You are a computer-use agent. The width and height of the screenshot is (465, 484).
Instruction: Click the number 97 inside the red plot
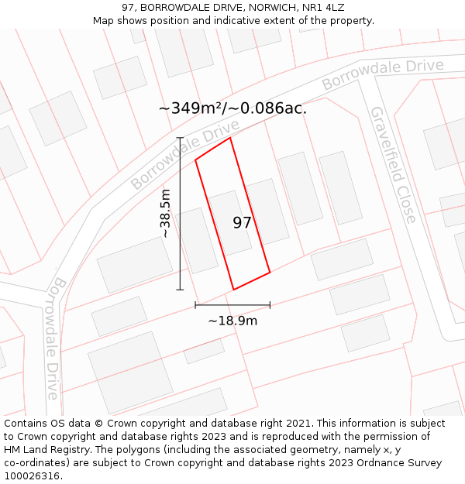(x=242, y=223)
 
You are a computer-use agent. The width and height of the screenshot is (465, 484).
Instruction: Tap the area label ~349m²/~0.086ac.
(x=232, y=108)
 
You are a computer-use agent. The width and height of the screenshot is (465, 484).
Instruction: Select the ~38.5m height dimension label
(x=165, y=213)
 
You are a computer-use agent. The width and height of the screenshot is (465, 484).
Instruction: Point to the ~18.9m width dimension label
(x=232, y=321)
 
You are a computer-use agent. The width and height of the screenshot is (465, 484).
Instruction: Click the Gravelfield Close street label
(x=394, y=165)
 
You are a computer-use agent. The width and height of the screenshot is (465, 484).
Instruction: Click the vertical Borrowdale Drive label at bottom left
(x=55, y=339)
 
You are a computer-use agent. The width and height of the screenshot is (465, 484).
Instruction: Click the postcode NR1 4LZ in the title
(x=325, y=8)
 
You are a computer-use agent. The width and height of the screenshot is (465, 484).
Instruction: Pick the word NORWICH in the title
(x=259, y=8)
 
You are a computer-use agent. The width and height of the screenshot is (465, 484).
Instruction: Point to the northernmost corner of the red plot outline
(x=230, y=138)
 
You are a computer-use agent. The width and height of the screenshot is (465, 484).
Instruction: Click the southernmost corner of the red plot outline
(x=234, y=290)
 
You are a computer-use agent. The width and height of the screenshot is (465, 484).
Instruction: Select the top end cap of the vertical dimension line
(x=180, y=138)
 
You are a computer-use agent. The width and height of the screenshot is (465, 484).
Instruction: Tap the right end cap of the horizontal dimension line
(x=270, y=305)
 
